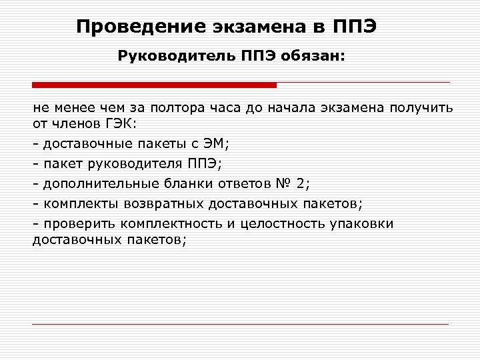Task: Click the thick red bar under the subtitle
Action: point(154,85)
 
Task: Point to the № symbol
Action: point(284,183)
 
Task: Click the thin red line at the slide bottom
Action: point(240,325)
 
